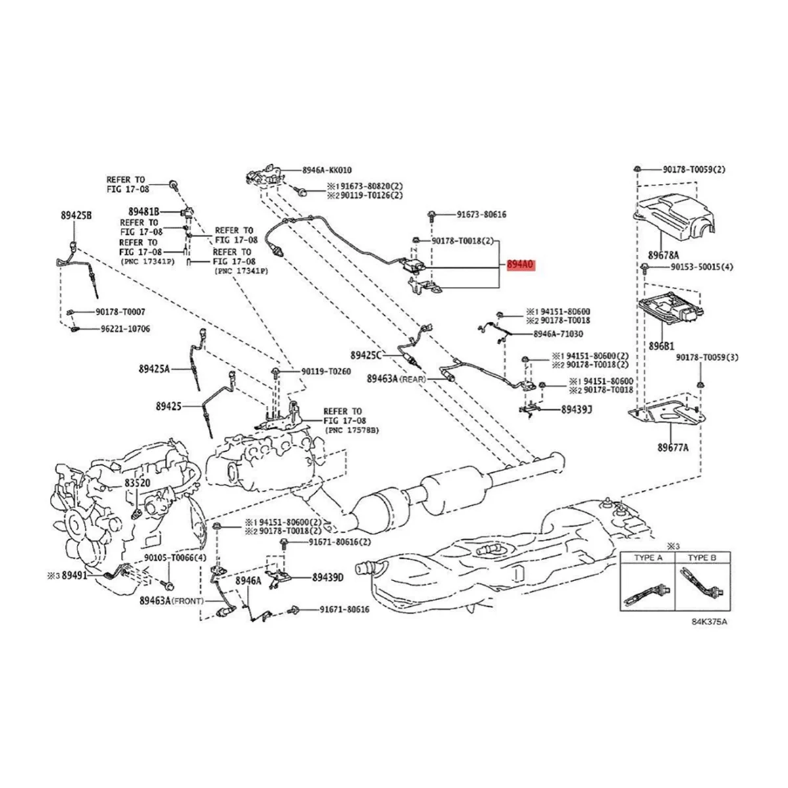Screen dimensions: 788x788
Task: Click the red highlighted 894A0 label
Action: click(x=521, y=265)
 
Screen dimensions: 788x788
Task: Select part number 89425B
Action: click(x=76, y=215)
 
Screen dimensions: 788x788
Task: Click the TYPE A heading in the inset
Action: click(x=647, y=558)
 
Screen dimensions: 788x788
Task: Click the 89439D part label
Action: click(x=328, y=579)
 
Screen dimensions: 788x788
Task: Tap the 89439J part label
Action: click(x=577, y=409)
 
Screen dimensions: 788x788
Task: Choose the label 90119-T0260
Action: click(x=326, y=372)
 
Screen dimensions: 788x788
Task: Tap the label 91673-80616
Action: click(x=482, y=215)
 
